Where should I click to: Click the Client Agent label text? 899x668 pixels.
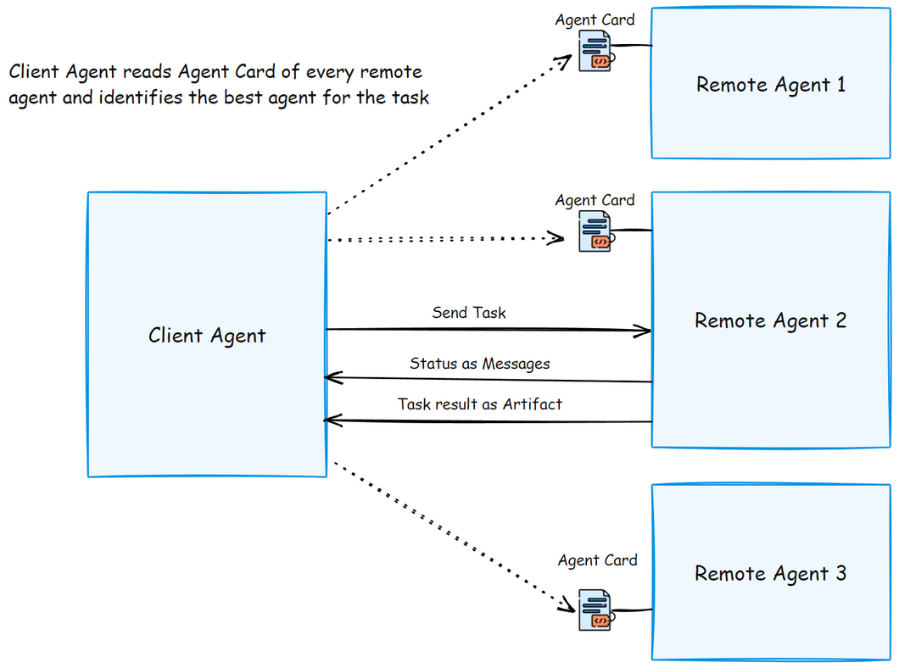[x=207, y=336]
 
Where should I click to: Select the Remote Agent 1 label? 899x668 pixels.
[x=770, y=85]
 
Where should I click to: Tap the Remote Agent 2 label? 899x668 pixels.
[x=770, y=320]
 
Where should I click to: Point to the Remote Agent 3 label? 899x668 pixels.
[x=770, y=573]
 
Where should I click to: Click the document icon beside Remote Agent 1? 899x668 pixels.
[x=595, y=52]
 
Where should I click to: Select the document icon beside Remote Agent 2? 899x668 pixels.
[x=595, y=231]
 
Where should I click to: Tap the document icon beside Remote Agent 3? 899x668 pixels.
[x=595, y=610]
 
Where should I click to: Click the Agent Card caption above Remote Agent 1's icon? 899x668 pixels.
[x=595, y=19]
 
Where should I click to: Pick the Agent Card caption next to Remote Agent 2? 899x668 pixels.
[x=595, y=200]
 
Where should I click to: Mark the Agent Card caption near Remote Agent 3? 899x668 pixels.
[x=597, y=560]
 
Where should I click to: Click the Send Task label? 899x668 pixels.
[x=469, y=313]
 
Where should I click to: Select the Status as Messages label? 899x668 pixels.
[x=479, y=364]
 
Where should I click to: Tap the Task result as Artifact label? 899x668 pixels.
[x=479, y=404]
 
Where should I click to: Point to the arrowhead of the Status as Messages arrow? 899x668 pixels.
[x=330, y=377]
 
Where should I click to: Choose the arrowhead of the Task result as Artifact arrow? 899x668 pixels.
[x=330, y=419]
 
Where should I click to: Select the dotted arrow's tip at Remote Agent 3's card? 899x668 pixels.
[x=571, y=608]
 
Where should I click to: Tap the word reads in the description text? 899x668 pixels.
[x=146, y=71]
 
